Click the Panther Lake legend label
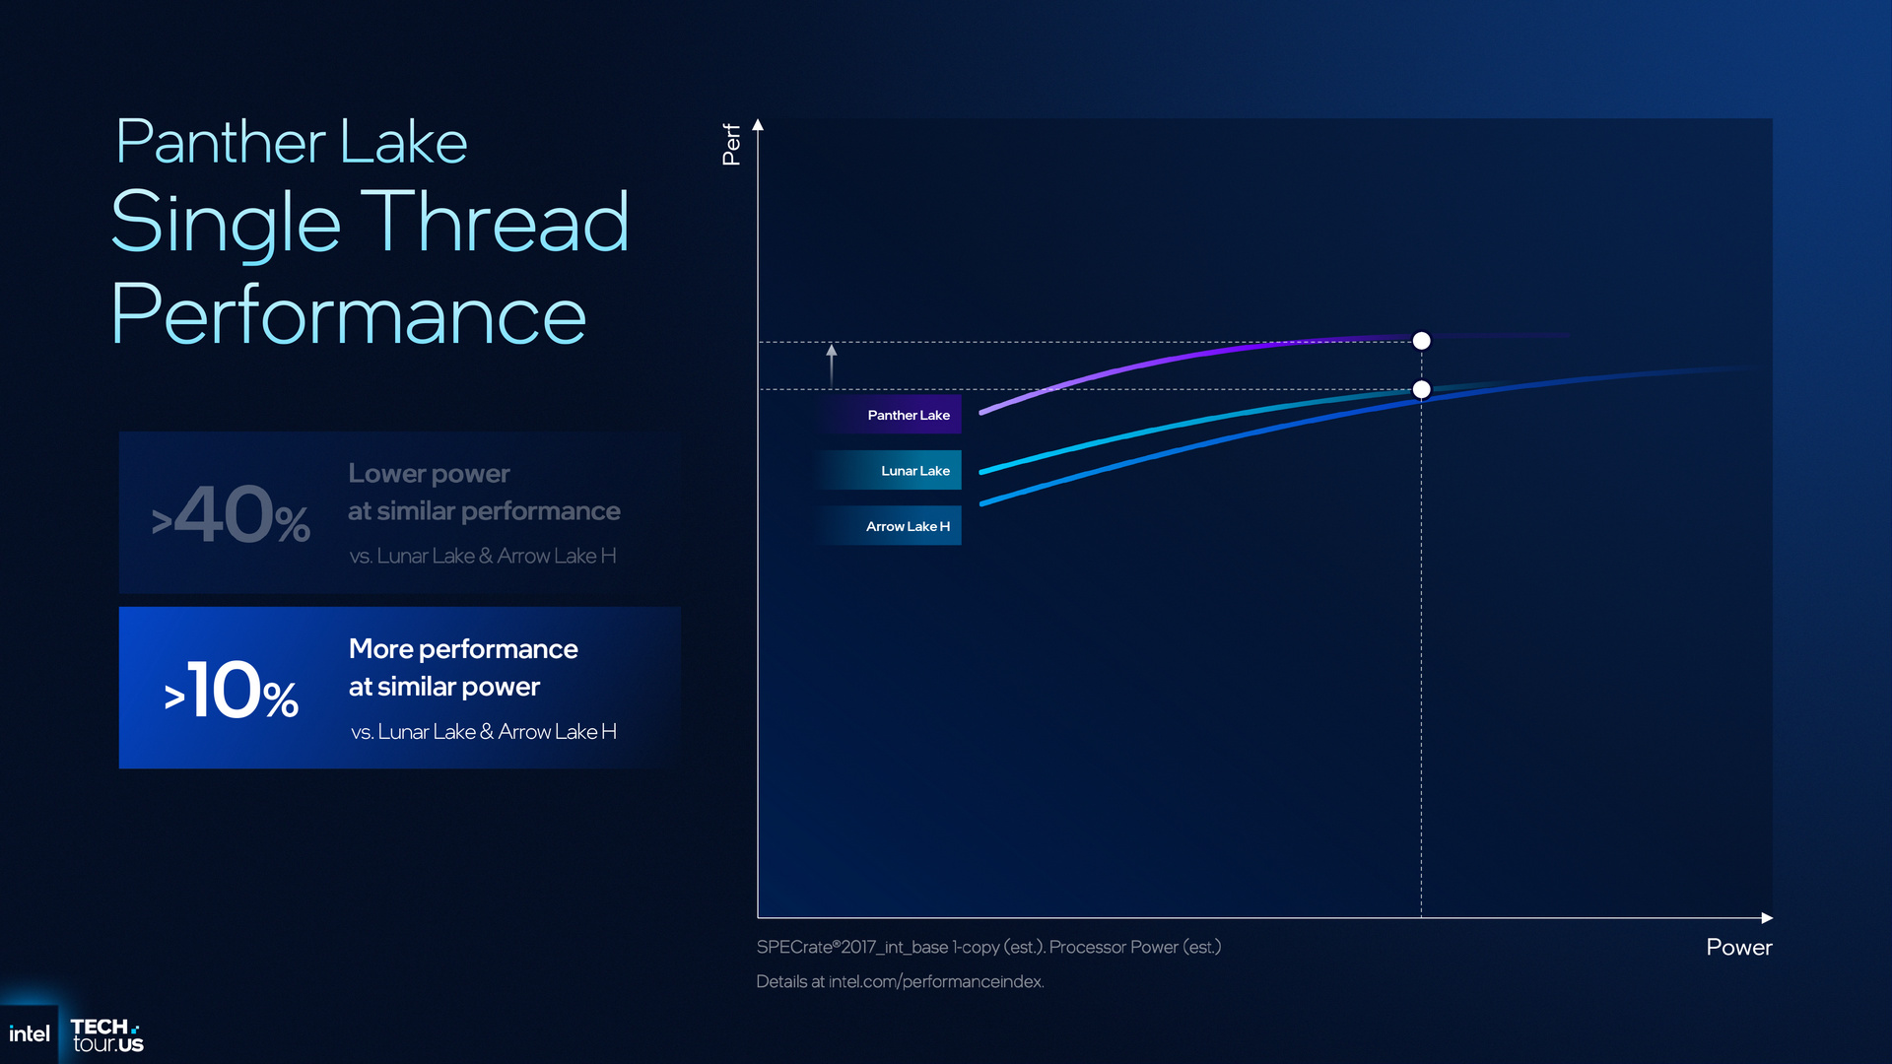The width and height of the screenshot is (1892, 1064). point(908,415)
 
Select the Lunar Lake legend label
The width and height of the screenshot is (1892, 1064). point(914,471)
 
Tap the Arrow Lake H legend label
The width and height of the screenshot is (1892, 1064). point(908,526)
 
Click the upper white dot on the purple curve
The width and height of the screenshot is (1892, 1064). point(1421,341)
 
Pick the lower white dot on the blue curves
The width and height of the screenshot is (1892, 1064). point(1421,390)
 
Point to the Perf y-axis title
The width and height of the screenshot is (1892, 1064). point(731,144)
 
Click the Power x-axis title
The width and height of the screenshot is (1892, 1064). point(1738,947)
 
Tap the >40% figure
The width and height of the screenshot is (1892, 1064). point(231,514)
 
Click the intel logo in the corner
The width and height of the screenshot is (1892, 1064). point(30,1033)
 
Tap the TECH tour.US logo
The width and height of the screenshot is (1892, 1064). point(106,1035)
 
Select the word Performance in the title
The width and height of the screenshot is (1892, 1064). point(349,314)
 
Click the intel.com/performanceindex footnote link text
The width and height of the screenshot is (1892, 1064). point(935,981)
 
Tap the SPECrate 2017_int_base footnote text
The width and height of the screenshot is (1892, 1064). point(988,947)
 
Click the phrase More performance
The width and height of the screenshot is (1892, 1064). point(463,648)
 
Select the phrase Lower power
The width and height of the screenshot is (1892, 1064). point(429,474)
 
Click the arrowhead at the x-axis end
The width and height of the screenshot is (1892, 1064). point(1767,918)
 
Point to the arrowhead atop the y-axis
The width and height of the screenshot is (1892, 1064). point(758,125)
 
